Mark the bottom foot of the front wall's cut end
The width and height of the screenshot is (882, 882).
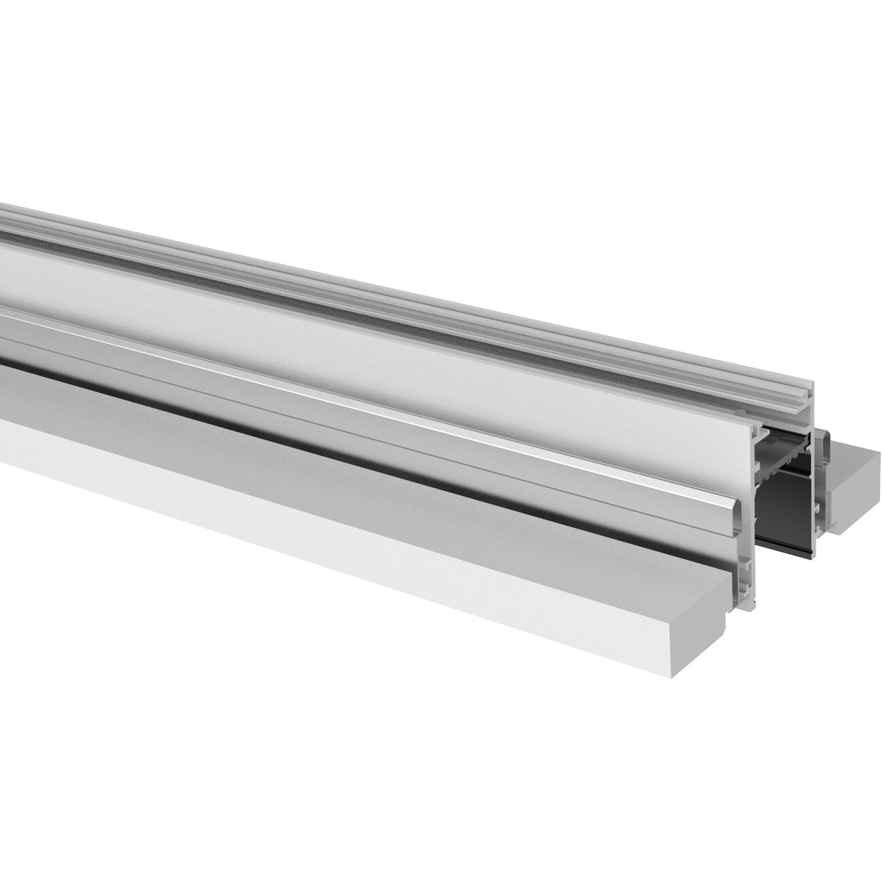tap(749, 602)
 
